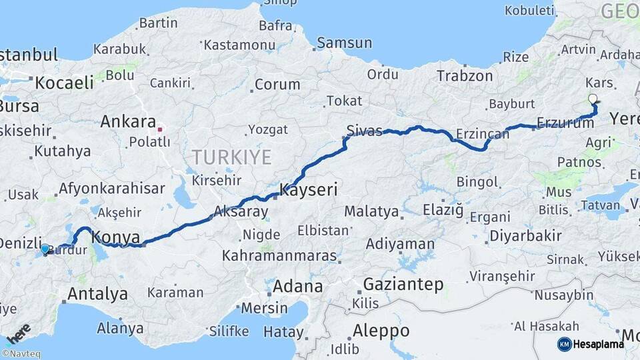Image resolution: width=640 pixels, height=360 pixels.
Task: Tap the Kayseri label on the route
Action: (x=309, y=190)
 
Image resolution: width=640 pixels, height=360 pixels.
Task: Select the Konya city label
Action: (x=116, y=237)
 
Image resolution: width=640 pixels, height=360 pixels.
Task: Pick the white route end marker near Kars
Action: (x=593, y=99)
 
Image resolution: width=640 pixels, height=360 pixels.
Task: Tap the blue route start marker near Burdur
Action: (x=45, y=249)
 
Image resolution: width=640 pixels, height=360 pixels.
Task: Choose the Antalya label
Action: (x=97, y=293)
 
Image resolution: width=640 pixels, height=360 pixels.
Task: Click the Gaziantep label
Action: (x=403, y=285)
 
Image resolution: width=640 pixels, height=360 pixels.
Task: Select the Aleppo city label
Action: (x=381, y=330)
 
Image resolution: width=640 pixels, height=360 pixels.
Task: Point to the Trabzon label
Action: (x=465, y=76)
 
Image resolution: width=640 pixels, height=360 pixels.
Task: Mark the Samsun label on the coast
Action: (x=344, y=43)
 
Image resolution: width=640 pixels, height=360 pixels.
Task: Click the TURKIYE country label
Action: (x=231, y=157)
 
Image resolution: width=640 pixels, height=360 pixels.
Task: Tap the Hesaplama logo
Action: (x=591, y=344)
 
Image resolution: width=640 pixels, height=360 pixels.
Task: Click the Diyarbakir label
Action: (x=525, y=235)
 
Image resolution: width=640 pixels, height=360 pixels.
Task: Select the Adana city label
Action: (x=298, y=287)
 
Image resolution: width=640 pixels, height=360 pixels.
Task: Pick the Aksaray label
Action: (x=241, y=213)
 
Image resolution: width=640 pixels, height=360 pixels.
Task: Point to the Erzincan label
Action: (x=482, y=134)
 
